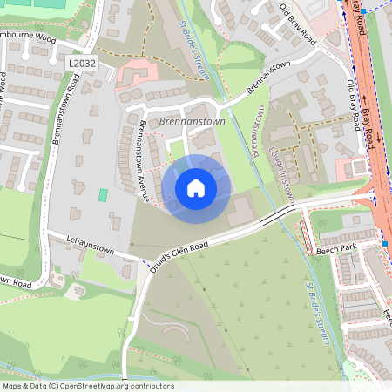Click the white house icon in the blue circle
(x=196, y=187)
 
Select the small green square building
(x=104, y=193)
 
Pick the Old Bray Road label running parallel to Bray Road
(x=354, y=105)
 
